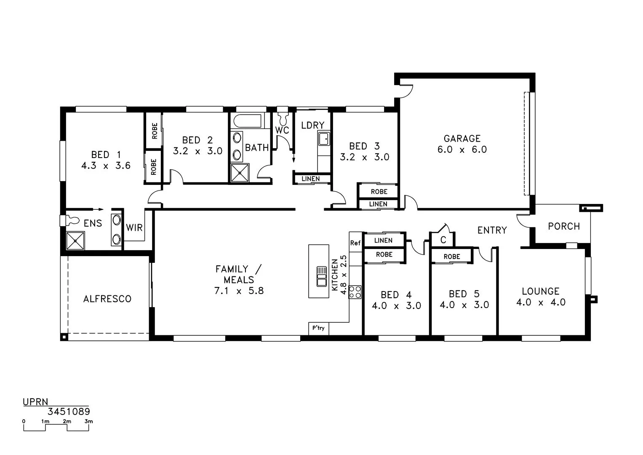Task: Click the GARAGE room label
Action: point(462,139)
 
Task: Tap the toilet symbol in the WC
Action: point(282,115)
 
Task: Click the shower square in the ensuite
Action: point(76,241)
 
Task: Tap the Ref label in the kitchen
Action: point(355,243)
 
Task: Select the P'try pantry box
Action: point(318,328)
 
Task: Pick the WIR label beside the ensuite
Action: point(134,228)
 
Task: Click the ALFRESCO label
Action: point(107,299)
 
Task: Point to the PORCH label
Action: point(563,226)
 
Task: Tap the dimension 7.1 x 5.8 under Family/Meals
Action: point(239,291)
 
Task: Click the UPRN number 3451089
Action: point(69,412)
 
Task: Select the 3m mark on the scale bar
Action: point(88,422)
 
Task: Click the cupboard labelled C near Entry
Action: point(443,240)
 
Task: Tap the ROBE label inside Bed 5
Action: point(451,257)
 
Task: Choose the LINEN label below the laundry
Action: point(310,179)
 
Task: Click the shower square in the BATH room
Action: point(240,173)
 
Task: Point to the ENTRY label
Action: point(492,230)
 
